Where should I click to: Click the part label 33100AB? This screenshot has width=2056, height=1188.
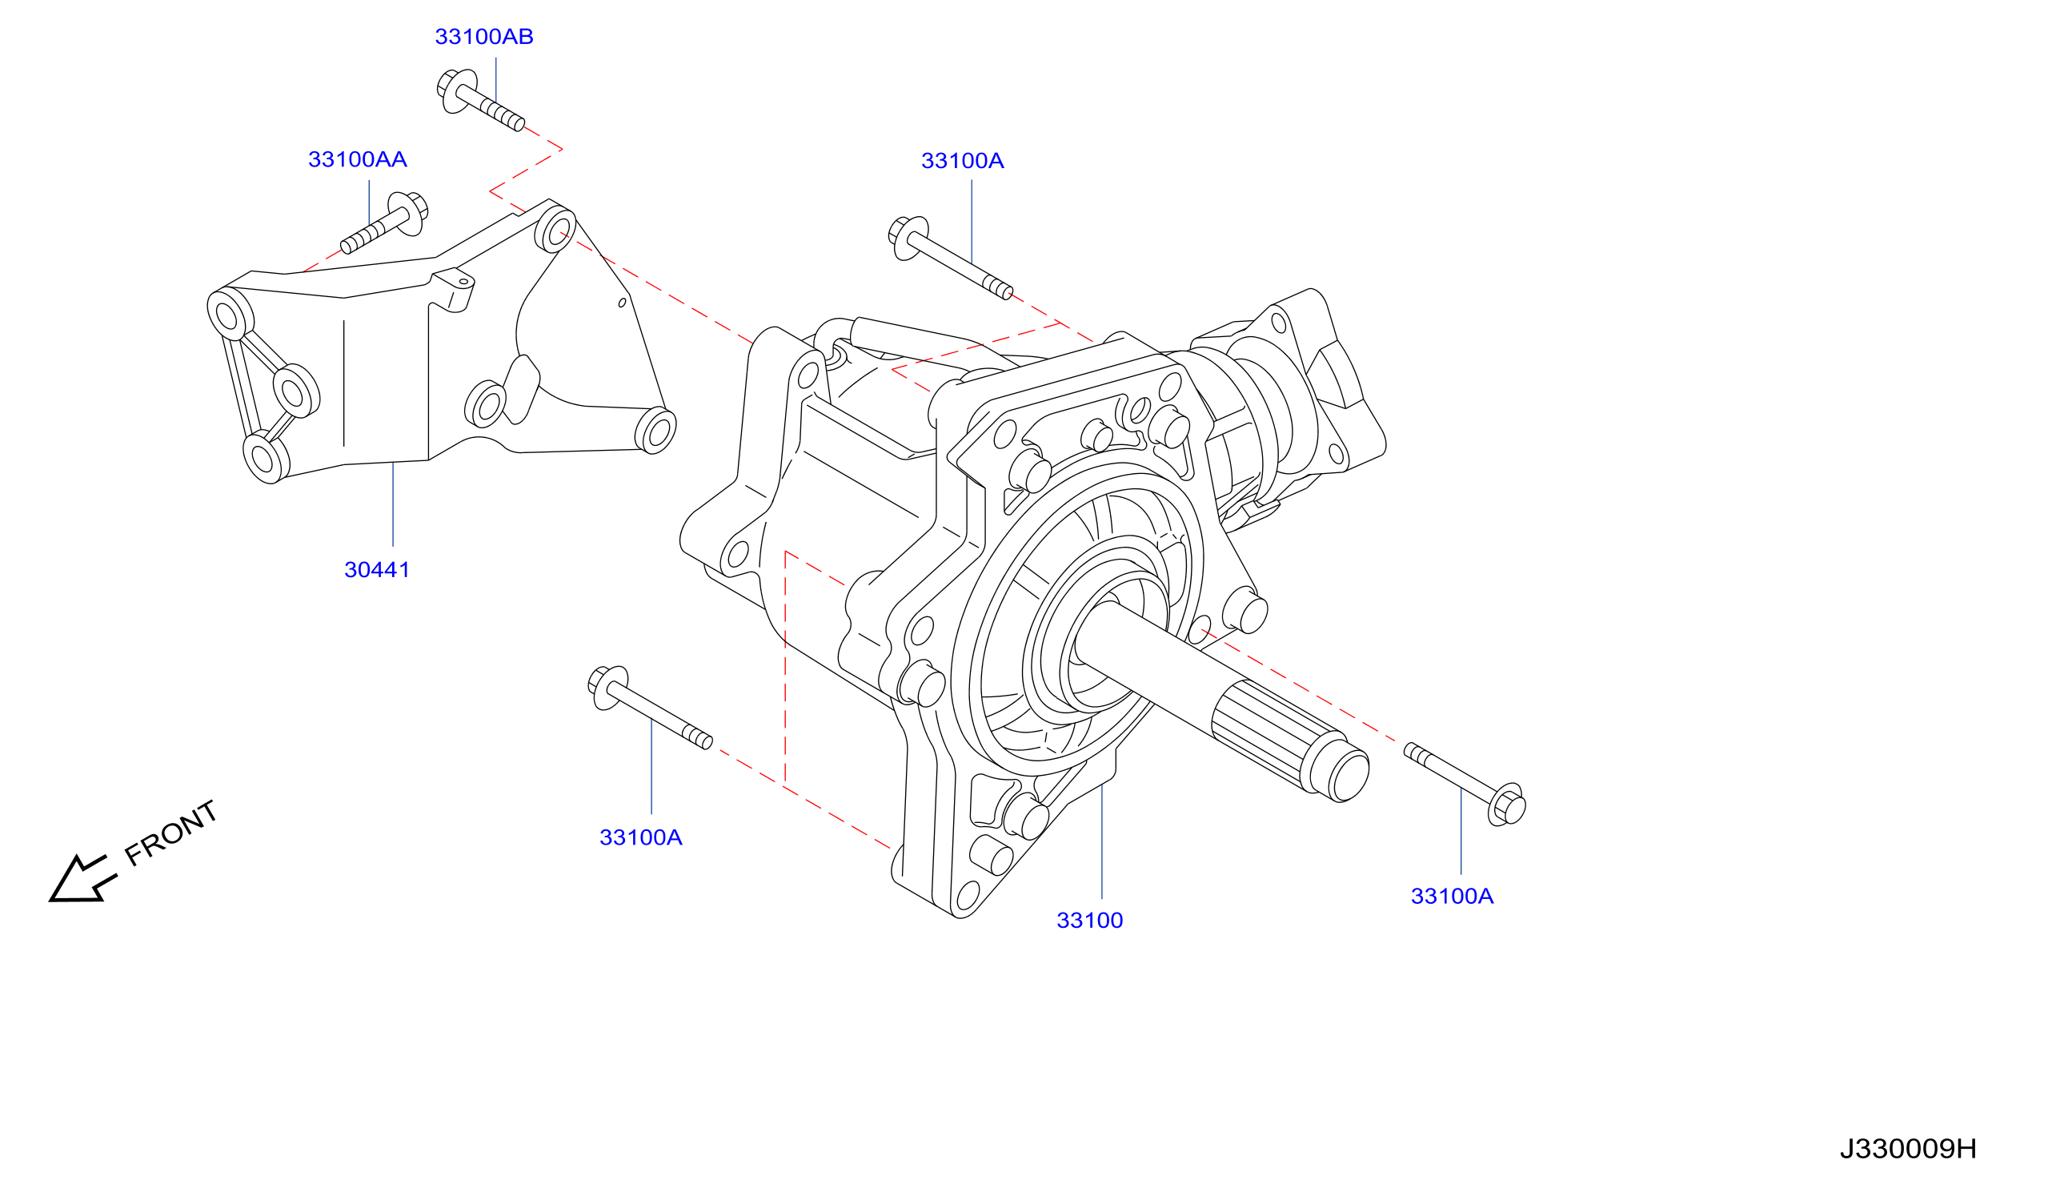(x=483, y=37)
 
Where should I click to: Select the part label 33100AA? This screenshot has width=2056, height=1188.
(x=357, y=159)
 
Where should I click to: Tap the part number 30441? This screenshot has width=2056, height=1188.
(x=377, y=569)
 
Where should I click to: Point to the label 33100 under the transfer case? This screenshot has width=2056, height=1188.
(x=1089, y=921)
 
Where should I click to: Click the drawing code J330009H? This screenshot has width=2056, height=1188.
(x=1908, y=1148)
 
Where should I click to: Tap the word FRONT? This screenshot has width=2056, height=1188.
(x=171, y=833)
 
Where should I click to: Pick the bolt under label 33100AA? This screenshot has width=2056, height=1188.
(x=385, y=223)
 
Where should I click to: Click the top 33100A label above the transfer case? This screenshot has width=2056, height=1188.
(x=962, y=161)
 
